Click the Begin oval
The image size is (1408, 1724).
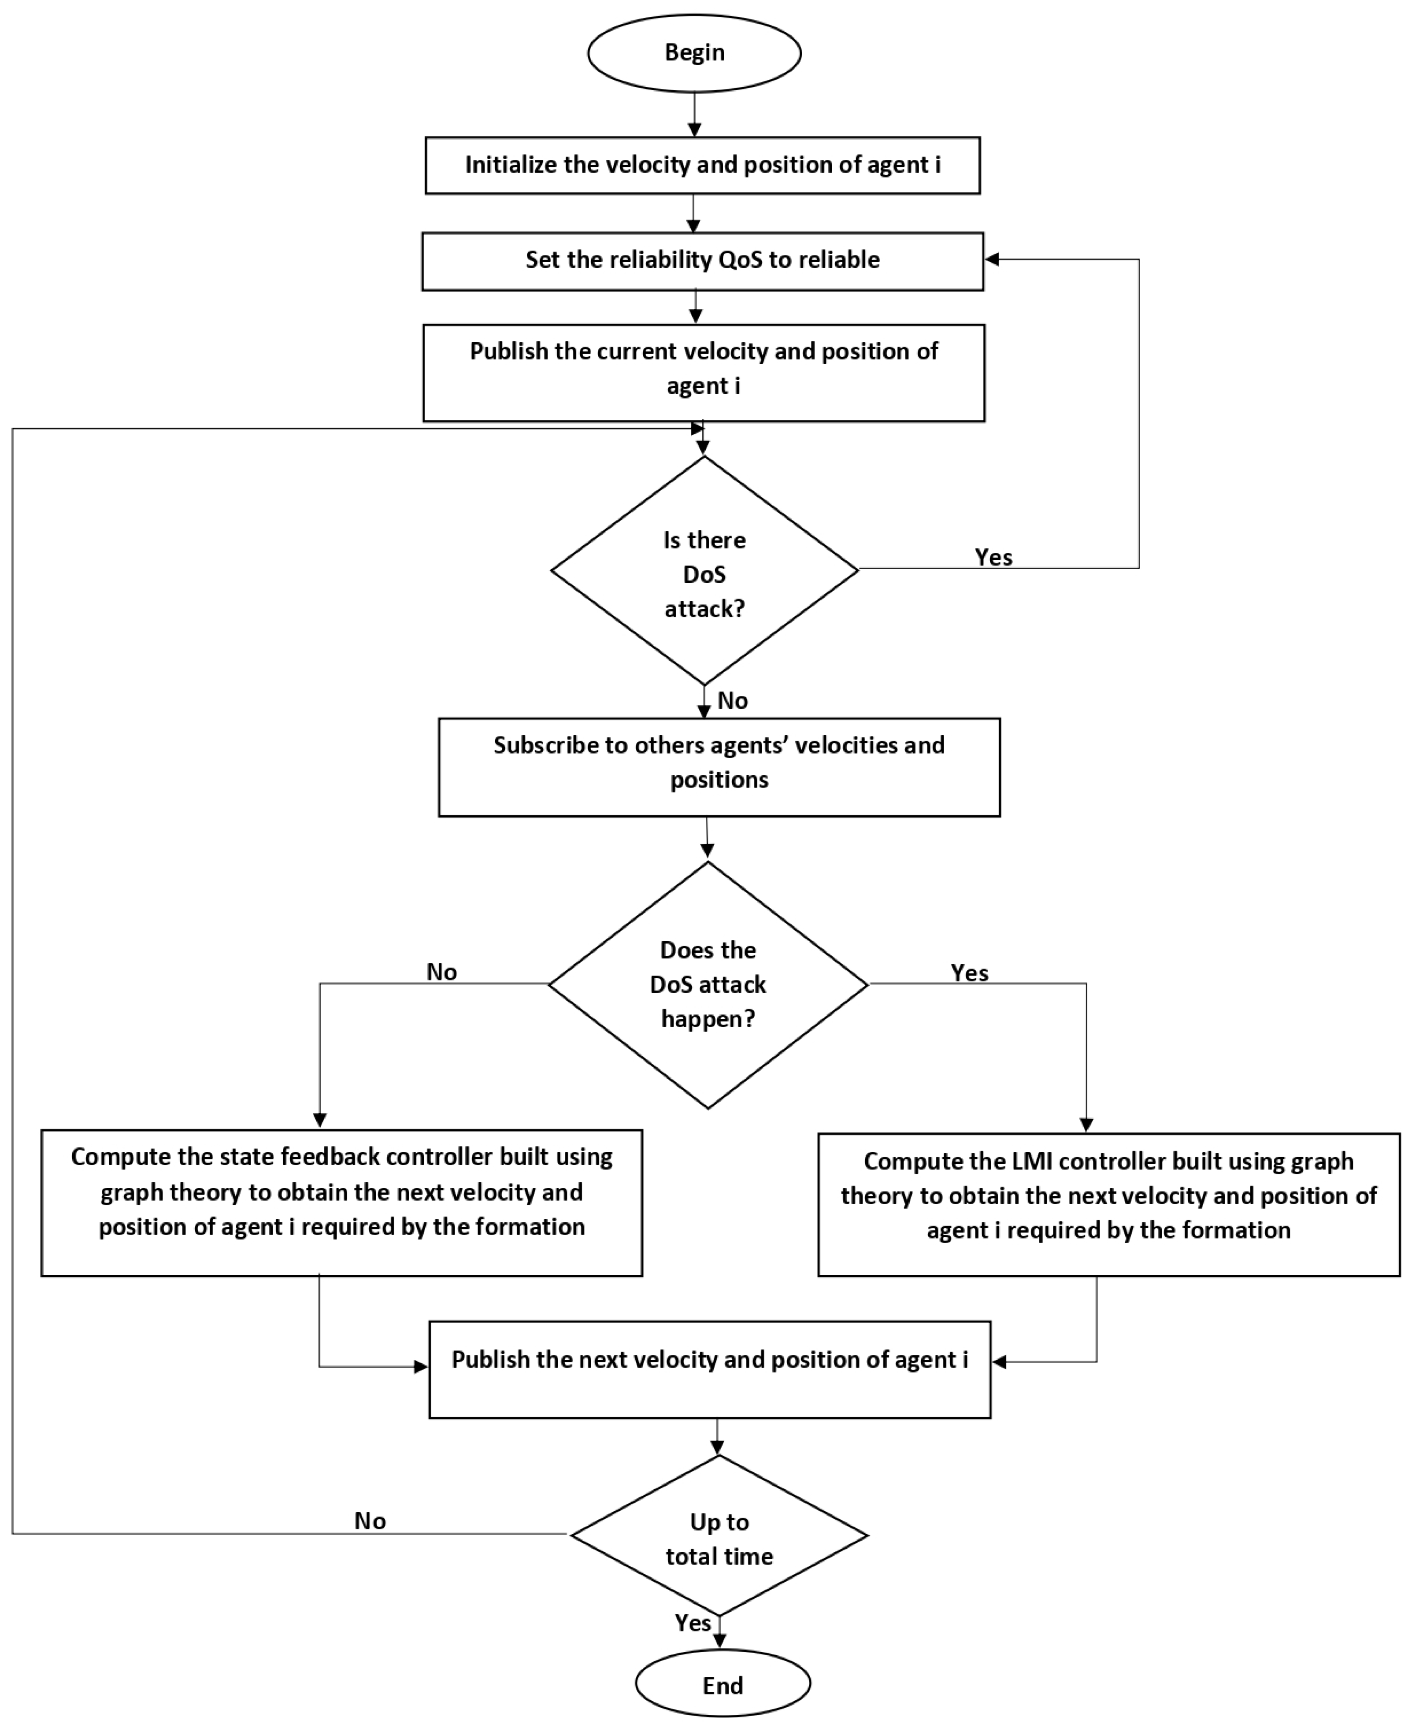point(694,53)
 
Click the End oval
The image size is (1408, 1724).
point(722,1685)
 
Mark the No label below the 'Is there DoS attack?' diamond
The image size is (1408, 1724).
point(732,701)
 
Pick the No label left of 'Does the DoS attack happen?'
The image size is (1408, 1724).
point(441,972)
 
